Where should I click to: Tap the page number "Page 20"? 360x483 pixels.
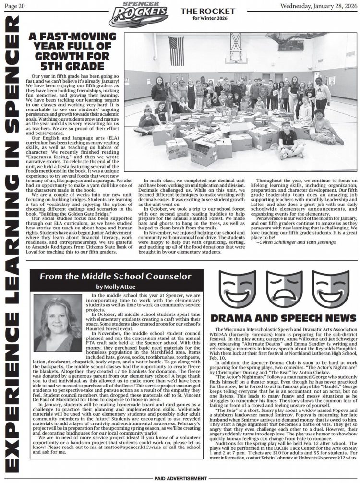(x=14, y=5)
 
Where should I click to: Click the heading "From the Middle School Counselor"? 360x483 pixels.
(x=115, y=276)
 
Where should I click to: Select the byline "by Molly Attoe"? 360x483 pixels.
(x=116, y=287)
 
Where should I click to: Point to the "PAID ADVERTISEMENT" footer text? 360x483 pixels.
(x=180, y=479)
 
